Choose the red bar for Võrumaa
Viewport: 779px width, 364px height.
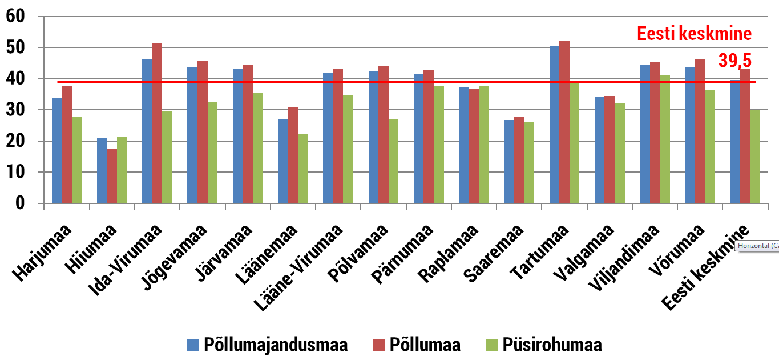point(700,131)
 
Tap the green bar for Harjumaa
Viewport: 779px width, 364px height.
point(76,160)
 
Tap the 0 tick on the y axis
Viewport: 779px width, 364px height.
point(20,203)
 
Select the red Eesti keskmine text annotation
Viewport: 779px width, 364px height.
point(694,34)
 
